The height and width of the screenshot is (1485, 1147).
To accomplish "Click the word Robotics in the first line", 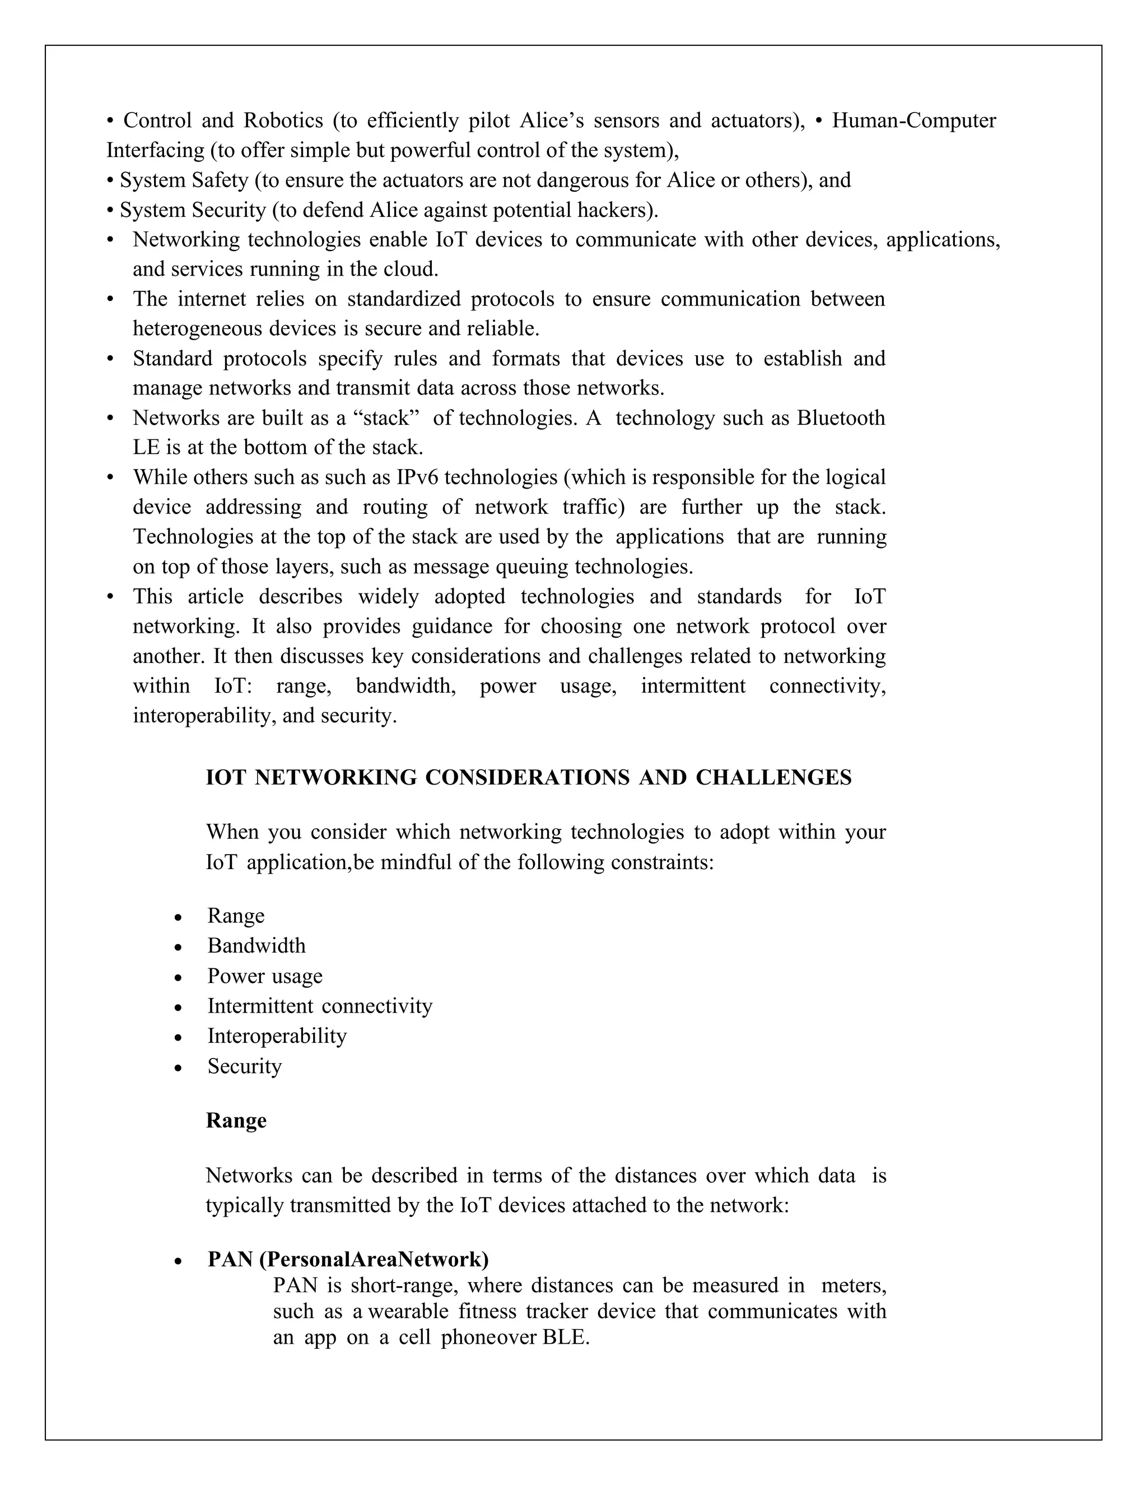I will (x=283, y=120).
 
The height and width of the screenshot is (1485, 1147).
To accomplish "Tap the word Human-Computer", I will (x=913, y=120).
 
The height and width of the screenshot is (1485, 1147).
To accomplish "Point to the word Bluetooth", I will (x=841, y=417).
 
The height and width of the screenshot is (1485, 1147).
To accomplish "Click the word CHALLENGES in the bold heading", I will (x=773, y=777).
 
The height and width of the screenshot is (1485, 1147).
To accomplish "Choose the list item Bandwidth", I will (x=256, y=946).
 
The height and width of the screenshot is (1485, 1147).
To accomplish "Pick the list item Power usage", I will (x=264, y=976).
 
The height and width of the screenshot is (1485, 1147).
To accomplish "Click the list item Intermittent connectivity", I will (x=319, y=1006).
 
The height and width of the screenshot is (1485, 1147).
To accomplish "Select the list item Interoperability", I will (x=277, y=1036).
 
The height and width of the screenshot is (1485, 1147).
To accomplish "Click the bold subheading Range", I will (x=236, y=1121).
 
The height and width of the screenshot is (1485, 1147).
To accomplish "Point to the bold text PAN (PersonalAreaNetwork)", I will (x=348, y=1259).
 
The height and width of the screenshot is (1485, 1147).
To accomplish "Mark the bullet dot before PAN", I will (x=178, y=1261).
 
